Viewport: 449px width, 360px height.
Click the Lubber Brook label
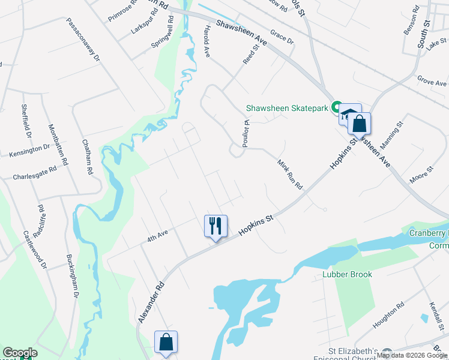point(346,274)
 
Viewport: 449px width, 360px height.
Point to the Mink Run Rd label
point(289,175)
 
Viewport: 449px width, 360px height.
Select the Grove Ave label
point(432,80)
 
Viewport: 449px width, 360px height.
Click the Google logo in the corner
point(20,353)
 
